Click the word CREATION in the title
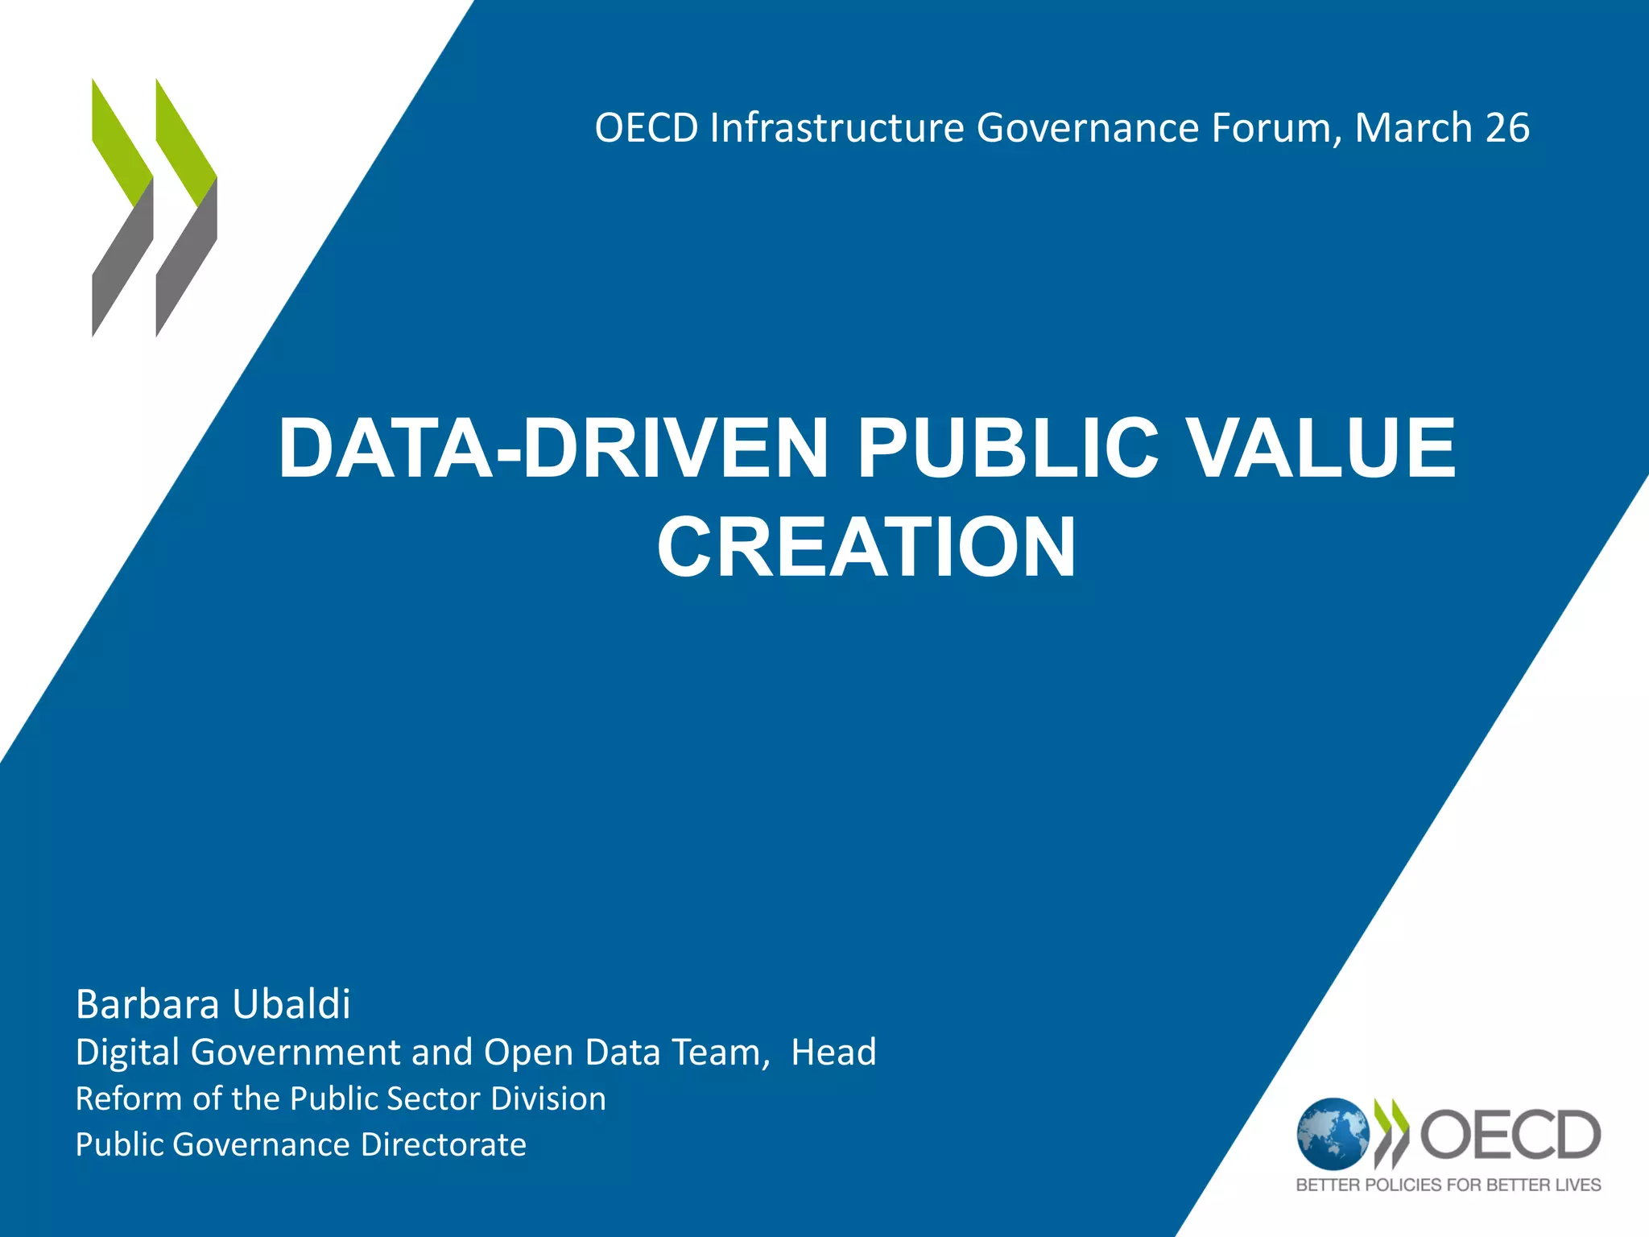coord(866,548)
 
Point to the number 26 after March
coord(1507,128)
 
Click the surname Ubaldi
coord(291,1004)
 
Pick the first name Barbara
coord(147,1004)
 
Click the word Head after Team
coord(833,1053)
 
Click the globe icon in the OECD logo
coord(1333,1134)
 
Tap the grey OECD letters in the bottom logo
coord(1511,1135)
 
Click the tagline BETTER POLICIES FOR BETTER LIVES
coord(1449,1185)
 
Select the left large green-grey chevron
coord(122,208)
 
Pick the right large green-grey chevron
coord(186,208)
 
